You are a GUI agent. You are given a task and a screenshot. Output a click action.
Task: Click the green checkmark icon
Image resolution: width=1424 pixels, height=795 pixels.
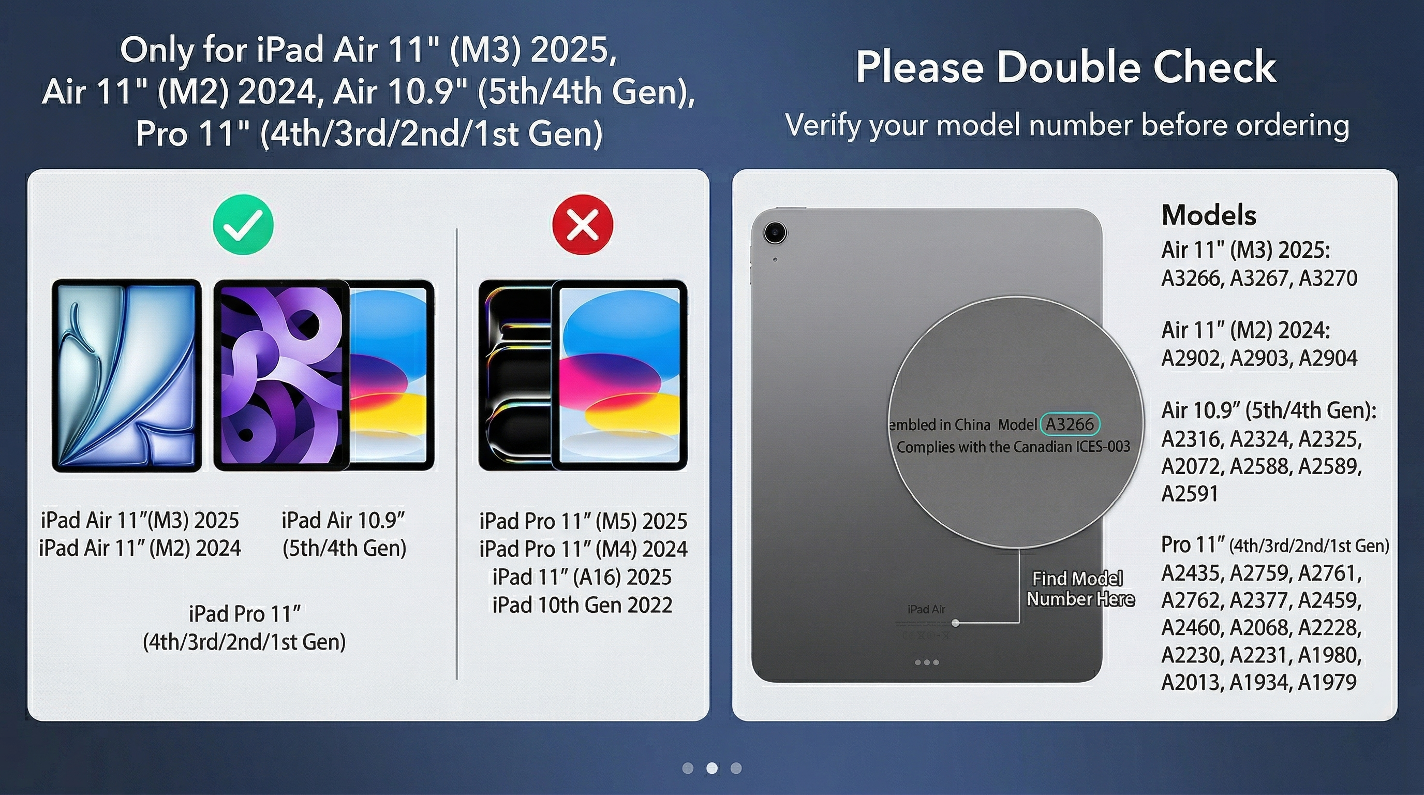coord(243,225)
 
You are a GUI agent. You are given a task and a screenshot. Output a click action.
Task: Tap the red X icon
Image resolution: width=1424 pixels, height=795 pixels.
coord(583,225)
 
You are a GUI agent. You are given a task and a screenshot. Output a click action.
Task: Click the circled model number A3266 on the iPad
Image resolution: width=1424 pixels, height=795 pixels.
coord(1070,424)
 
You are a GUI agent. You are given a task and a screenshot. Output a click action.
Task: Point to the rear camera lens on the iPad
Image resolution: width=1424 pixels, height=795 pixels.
coord(775,232)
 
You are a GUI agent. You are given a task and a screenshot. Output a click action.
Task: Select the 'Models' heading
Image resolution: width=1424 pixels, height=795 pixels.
coord(1209,215)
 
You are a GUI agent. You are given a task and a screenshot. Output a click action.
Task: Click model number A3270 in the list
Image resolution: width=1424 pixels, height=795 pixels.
coord(1328,278)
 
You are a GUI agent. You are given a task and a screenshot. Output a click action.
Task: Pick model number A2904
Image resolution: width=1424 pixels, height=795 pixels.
coord(1328,358)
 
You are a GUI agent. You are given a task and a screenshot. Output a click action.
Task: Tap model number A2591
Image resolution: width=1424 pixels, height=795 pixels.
coord(1190,494)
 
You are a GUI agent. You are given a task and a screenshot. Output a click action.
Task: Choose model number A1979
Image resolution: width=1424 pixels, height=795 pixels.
coord(1327,682)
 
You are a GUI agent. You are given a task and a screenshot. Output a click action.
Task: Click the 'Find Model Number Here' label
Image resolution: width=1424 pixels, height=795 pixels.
coord(1079,589)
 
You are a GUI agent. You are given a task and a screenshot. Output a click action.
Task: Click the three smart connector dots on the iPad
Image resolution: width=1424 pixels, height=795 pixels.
coord(927,662)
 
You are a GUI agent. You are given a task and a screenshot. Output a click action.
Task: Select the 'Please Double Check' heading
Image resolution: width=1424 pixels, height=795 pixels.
coord(1066,67)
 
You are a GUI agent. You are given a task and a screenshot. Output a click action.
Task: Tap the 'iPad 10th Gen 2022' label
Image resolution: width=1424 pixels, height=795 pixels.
coord(583,605)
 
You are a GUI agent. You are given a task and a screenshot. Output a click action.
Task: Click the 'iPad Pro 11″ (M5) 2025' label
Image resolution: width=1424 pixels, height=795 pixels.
coord(583,521)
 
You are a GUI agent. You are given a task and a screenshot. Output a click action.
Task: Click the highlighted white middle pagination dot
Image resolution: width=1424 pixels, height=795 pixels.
coord(712,768)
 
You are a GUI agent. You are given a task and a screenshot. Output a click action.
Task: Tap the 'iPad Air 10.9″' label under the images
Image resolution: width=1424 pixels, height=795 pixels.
coord(343,520)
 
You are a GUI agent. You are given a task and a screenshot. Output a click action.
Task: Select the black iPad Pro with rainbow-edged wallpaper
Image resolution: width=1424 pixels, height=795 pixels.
coord(516,375)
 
